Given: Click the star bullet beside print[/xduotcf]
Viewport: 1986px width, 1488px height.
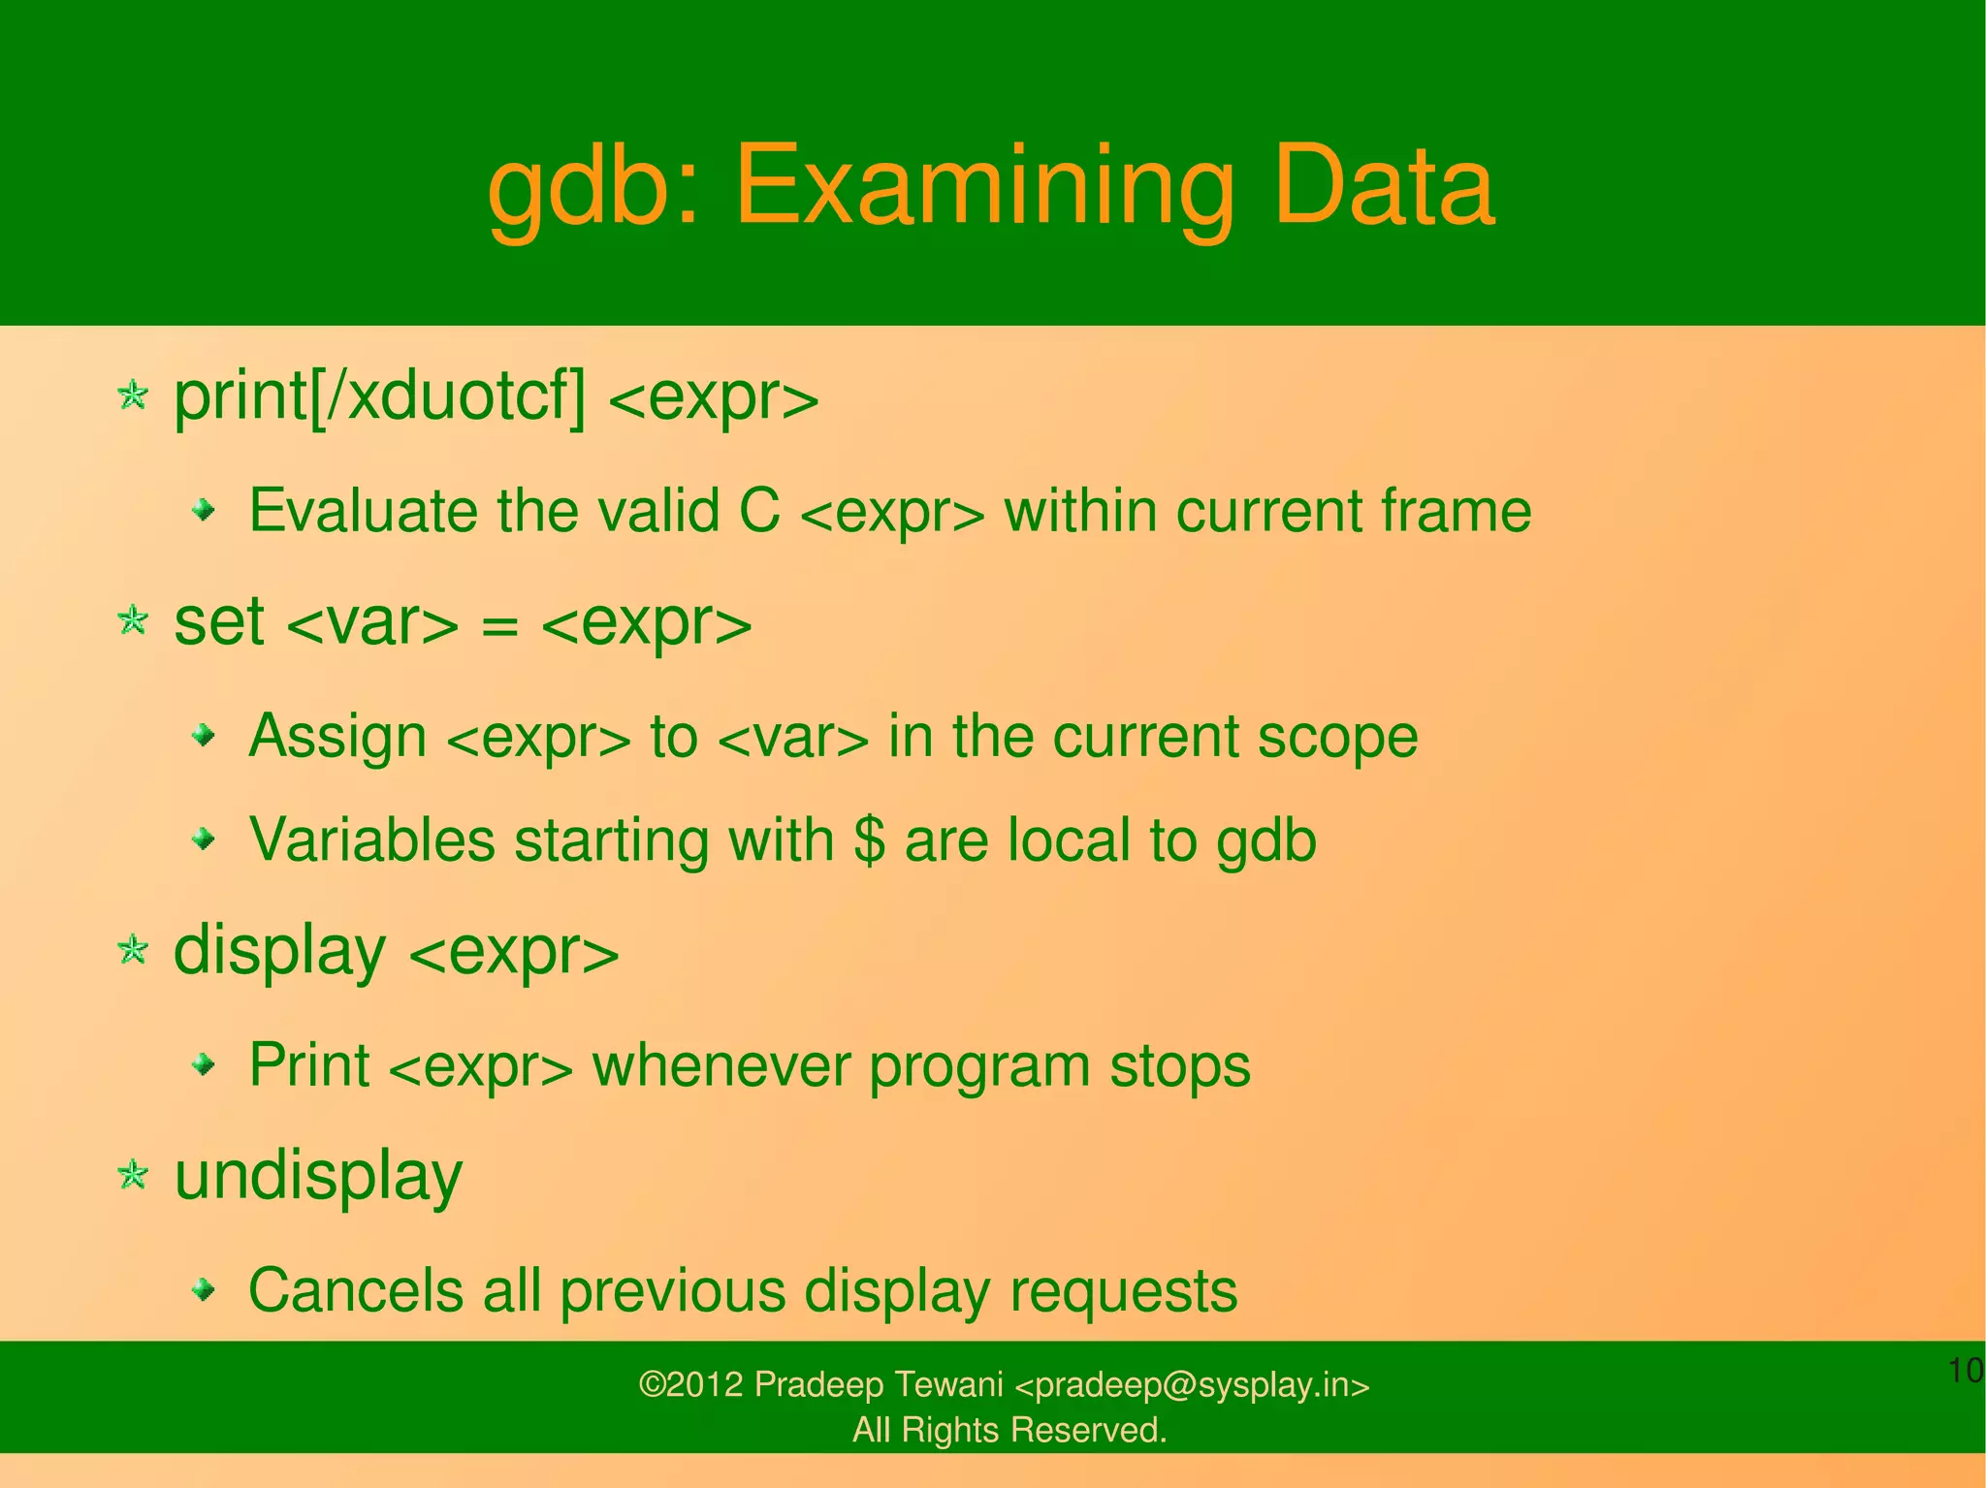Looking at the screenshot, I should (x=132, y=396).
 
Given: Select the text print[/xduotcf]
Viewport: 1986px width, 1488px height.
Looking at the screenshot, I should (x=379, y=397).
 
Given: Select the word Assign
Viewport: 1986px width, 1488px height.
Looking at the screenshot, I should (x=337, y=738).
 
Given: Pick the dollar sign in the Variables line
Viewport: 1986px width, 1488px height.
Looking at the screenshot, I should (x=869, y=840).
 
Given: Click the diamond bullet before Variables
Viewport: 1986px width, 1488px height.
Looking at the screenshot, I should (x=203, y=839).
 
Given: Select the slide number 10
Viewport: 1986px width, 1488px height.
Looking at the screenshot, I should (x=1965, y=1372).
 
